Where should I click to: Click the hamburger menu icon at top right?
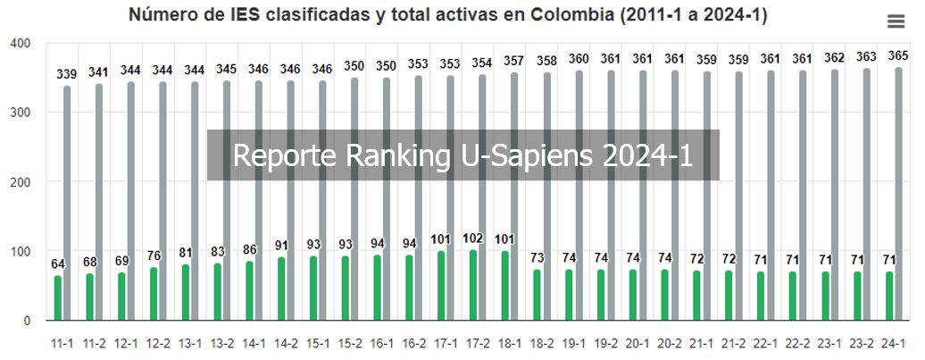896,21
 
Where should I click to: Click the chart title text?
447,15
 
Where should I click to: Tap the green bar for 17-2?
473,285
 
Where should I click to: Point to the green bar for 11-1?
59,297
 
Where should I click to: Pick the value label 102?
474,239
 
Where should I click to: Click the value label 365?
897,56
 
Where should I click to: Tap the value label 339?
66,74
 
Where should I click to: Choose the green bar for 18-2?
537,295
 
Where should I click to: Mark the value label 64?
59,264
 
